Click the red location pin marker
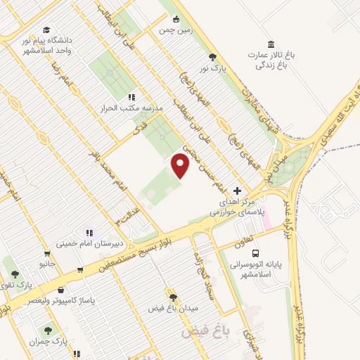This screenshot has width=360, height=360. click(181, 166)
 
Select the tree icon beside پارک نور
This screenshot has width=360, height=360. click(213, 57)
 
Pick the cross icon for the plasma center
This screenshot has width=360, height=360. click(237, 191)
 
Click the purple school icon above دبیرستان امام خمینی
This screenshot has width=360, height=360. click(89, 232)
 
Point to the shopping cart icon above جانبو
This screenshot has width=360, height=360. click(46, 254)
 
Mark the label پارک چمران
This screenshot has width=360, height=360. click(48, 341)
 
